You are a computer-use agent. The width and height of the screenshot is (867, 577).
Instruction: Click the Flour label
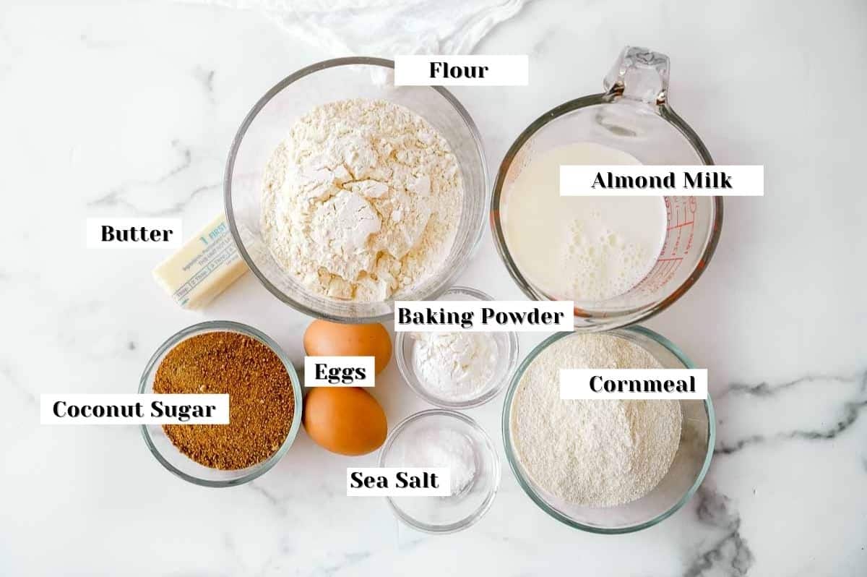[460, 70]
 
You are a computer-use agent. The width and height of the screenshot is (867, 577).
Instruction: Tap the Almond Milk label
[661, 180]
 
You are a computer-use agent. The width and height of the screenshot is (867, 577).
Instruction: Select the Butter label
[136, 234]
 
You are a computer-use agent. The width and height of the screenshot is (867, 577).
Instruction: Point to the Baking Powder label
[480, 316]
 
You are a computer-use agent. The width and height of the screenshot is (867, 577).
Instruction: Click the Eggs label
[340, 372]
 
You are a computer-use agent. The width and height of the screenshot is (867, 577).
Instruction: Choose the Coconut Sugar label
[134, 409]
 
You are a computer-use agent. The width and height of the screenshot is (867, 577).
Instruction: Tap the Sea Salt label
[394, 479]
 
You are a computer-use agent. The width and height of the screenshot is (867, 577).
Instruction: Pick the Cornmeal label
[633, 384]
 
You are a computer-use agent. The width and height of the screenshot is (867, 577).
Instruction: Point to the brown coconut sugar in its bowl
[224, 412]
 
